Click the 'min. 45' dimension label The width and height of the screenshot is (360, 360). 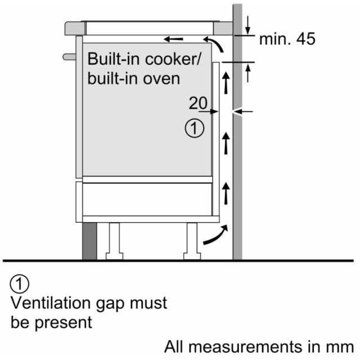[x=287, y=39]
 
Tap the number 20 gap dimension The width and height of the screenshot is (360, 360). [x=198, y=103]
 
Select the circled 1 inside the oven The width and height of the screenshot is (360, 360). [x=195, y=128]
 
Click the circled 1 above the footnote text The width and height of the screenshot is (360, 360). [x=20, y=283]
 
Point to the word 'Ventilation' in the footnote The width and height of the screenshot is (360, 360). [x=51, y=303]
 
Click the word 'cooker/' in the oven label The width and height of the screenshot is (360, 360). [x=173, y=59]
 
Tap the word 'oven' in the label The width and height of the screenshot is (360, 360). [x=161, y=79]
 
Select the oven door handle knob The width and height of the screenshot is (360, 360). [x=69, y=57]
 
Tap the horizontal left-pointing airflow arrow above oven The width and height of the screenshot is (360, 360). [x=174, y=39]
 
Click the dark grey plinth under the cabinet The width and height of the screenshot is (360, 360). [x=89, y=241]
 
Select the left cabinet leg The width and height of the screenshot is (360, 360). [x=114, y=241]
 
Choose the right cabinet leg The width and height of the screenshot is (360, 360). [x=192, y=241]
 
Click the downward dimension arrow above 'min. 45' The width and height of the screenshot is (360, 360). [x=247, y=25]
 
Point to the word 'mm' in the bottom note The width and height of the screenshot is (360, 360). [x=343, y=346]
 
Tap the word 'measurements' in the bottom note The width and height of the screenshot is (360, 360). [x=245, y=346]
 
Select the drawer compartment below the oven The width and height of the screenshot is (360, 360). [x=147, y=199]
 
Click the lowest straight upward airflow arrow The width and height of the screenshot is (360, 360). [x=226, y=193]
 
